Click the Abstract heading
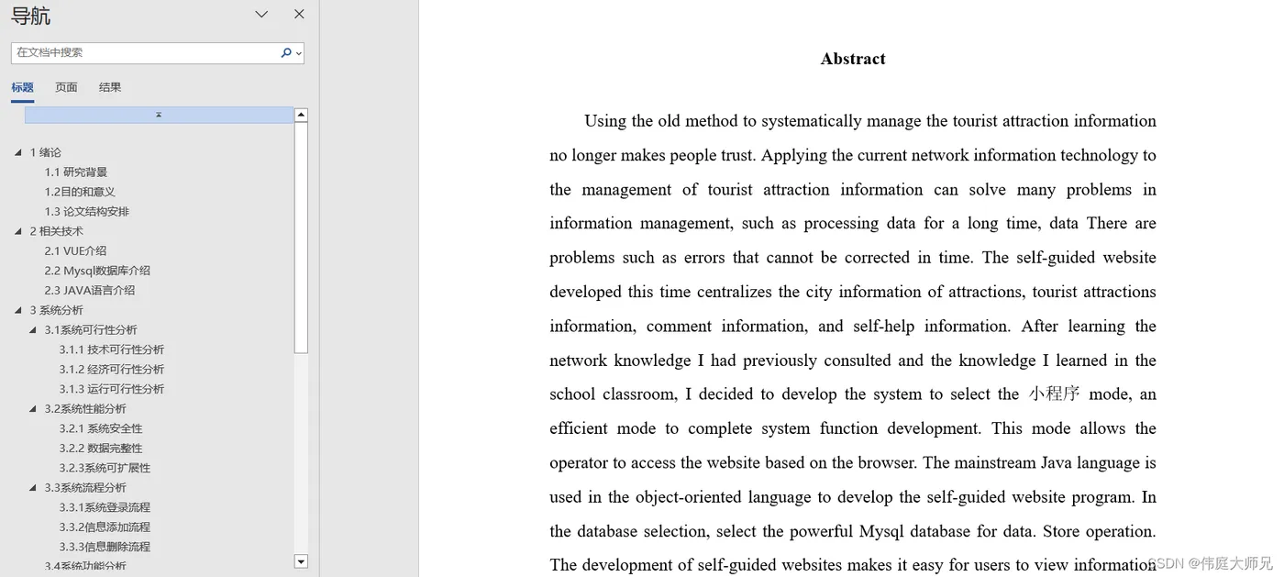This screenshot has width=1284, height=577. click(853, 59)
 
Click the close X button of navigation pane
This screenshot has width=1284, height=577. click(299, 15)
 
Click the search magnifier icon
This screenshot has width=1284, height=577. click(286, 53)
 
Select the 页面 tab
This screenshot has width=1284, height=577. click(66, 87)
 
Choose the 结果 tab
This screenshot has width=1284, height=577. click(110, 87)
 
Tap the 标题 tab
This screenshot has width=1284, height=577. click(22, 87)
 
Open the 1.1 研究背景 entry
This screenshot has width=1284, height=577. click(76, 172)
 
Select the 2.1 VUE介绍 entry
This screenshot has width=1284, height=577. click(75, 251)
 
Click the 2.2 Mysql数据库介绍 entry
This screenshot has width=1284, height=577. click(97, 271)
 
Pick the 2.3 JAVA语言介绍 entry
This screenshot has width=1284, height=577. click(90, 291)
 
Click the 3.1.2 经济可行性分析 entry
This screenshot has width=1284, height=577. click(112, 370)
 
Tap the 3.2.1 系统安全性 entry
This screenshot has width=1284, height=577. click(101, 428)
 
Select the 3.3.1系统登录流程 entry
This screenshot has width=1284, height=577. click(105, 507)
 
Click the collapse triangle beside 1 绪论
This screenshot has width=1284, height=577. click(18, 153)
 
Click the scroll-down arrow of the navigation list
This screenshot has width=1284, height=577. click(301, 560)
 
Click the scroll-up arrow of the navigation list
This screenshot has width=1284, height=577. click(301, 116)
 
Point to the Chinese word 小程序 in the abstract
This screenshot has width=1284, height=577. click(1054, 394)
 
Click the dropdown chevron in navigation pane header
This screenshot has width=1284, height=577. click(261, 15)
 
